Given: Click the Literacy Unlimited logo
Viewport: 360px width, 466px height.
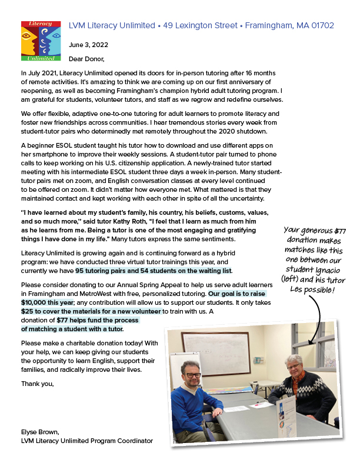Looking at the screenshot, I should (x=41, y=41).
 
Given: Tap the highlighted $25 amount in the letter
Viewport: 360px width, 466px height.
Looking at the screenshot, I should (x=27, y=311).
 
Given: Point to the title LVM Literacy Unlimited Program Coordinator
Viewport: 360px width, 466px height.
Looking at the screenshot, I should (x=86, y=441).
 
